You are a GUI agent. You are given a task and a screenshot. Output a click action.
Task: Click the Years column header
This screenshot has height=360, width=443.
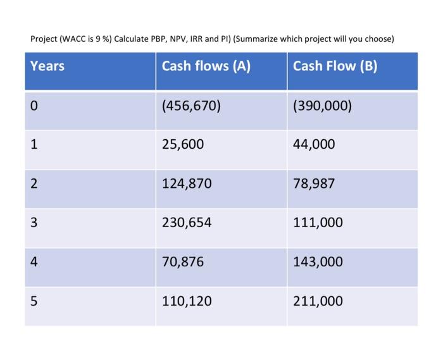point(47,66)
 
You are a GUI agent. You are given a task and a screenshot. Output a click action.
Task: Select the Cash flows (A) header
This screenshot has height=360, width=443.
point(206,66)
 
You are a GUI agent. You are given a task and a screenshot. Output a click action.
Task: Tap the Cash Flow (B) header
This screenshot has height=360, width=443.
point(335,66)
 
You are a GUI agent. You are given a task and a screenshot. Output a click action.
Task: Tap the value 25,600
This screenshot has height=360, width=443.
point(183,145)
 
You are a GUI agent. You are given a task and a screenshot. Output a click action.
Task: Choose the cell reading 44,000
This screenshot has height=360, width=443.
point(314,145)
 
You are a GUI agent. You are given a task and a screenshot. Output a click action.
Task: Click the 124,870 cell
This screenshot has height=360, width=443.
point(187,184)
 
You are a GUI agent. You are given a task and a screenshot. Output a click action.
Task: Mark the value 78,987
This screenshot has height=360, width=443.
point(314,184)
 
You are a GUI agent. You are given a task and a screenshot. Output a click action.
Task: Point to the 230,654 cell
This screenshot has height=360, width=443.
point(187,223)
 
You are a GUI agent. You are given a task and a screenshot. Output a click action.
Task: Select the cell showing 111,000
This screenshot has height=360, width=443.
point(318,223)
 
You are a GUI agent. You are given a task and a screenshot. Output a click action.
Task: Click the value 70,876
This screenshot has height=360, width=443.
point(183,262)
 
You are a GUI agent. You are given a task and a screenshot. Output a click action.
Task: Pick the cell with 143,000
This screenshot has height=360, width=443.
point(318,262)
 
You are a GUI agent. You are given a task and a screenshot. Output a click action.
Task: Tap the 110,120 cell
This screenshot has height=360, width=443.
point(187,301)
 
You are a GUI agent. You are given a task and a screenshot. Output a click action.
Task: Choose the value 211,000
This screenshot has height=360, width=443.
point(318,301)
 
